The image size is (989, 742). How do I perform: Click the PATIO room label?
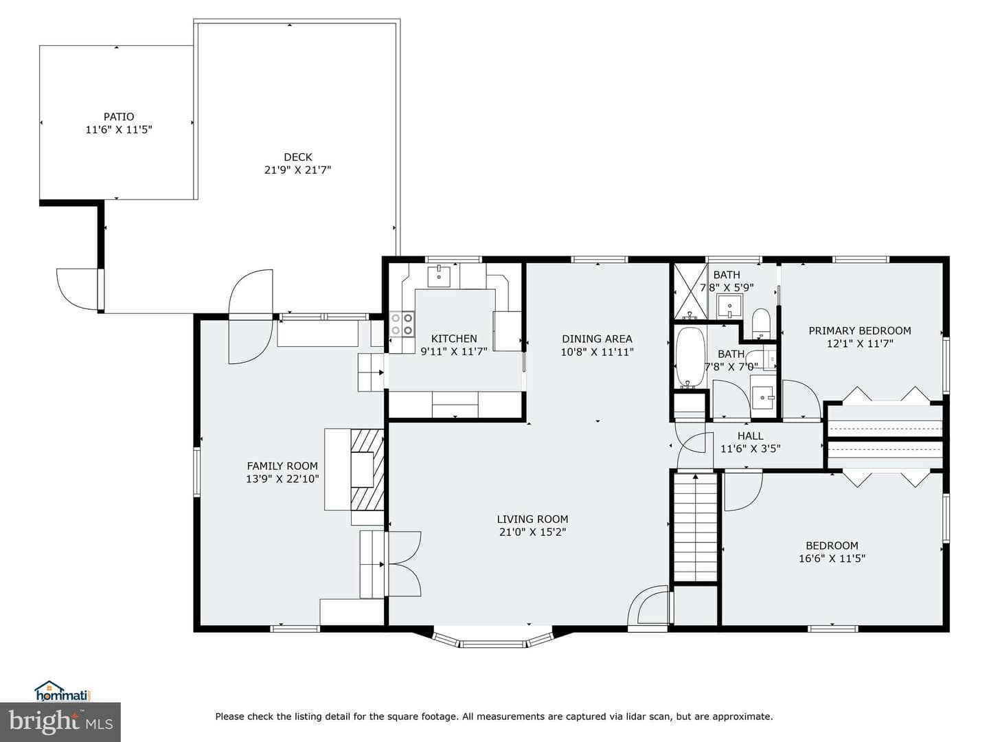[x=119, y=117]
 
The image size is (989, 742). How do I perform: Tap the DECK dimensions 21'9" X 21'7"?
[x=298, y=170]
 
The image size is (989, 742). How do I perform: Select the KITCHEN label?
[x=454, y=338]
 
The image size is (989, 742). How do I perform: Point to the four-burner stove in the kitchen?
[x=402, y=324]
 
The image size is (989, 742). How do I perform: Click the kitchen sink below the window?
[x=438, y=276]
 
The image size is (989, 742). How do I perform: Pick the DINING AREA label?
[x=597, y=338]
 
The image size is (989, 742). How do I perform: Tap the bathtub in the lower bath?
[x=690, y=357]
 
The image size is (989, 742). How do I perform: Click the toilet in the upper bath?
[x=761, y=323]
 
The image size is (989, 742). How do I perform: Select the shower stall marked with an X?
[x=690, y=291]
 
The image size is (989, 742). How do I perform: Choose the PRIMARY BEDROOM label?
[x=860, y=330]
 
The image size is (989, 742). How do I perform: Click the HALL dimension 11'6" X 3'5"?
[x=750, y=449]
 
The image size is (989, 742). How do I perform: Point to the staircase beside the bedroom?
[x=695, y=527]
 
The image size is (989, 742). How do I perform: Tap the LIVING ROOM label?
[x=532, y=519]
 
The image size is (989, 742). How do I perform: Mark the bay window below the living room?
[x=493, y=640]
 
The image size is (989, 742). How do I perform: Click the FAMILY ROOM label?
[x=282, y=465]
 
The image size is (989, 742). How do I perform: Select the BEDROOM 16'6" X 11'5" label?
[x=832, y=552]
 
